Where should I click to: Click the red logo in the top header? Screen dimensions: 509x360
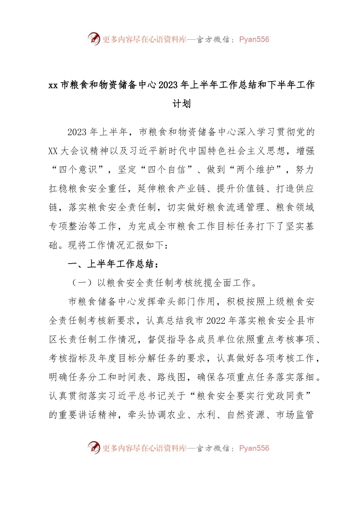tap(94, 39)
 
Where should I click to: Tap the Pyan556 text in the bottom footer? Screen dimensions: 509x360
tap(254, 448)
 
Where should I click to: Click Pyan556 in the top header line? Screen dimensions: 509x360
tap(254, 39)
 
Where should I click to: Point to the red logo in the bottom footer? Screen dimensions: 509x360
tap(94, 448)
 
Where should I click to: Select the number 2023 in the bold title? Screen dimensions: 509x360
tap(168, 85)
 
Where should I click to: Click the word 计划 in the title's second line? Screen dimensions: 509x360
tap(182, 104)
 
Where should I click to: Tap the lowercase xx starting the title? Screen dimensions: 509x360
tap(53, 85)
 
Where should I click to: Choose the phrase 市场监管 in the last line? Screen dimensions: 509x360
tap(295, 415)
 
